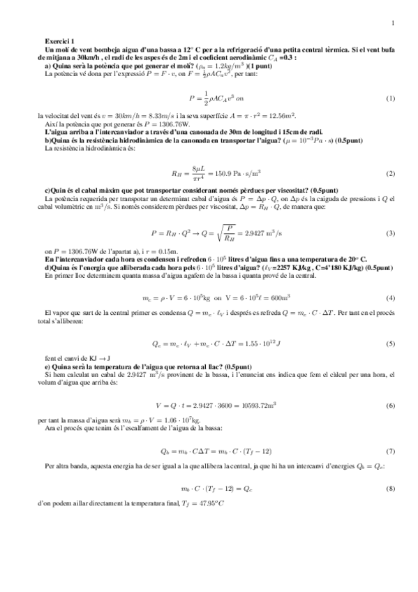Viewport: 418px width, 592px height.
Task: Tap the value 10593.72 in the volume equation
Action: click(244, 405)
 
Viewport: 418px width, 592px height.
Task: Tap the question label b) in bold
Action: click(47, 140)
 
